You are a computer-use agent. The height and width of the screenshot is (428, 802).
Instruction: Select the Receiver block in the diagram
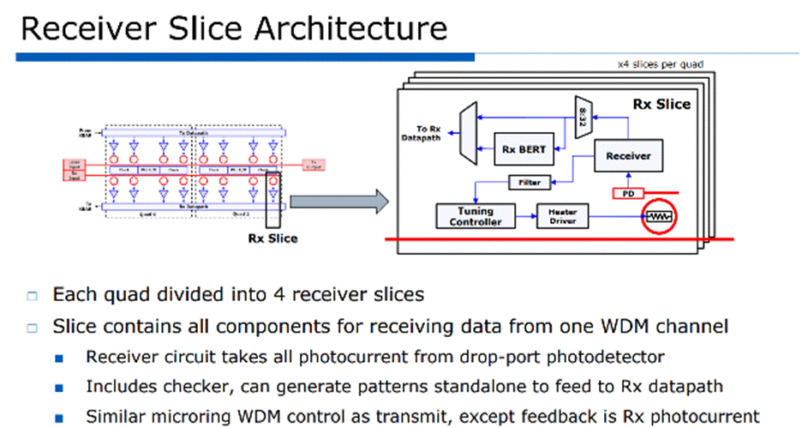click(628, 156)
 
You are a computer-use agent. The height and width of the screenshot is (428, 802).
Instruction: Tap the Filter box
click(530, 183)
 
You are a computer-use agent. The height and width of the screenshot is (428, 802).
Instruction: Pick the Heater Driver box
click(563, 216)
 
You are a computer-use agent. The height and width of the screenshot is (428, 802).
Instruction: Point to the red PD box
click(628, 194)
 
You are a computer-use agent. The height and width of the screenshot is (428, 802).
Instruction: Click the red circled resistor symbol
click(660, 218)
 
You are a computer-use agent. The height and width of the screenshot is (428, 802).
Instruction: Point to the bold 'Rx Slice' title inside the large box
click(661, 105)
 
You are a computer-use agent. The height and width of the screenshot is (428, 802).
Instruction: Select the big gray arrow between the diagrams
click(339, 202)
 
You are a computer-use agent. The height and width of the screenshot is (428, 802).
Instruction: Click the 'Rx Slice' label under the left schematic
click(273, 238)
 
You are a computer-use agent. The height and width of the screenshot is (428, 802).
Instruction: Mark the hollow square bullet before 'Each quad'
click(33, 296)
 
